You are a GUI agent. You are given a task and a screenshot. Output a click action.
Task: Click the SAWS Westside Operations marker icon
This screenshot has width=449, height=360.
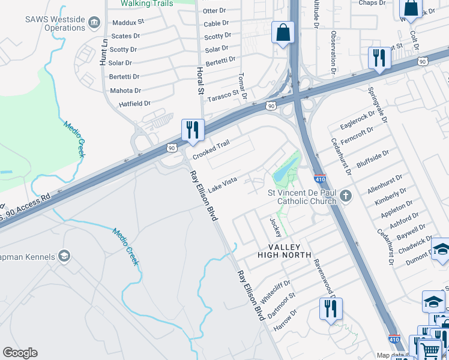(94, 23)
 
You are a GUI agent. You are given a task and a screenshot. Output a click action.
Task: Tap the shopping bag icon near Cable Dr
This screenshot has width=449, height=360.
(283, 32)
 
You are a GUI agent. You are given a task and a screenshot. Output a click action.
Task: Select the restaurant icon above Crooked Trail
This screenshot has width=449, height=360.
(193, 130)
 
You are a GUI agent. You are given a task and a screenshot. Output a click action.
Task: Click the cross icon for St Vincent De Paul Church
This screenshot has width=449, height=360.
(345, 196)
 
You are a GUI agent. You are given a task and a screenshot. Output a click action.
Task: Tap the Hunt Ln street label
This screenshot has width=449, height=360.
(104, 52)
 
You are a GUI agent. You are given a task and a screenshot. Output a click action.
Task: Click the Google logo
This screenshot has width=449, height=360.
(20, 353)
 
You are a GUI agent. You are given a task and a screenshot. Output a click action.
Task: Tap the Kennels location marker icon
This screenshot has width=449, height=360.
(64, 257)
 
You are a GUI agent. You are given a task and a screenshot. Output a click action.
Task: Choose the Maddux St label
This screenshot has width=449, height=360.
(128, 22)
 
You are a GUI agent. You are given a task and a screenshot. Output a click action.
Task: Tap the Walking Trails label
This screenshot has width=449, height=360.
(146, 4)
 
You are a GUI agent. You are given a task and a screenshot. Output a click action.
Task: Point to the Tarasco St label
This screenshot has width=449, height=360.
(223, 95)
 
